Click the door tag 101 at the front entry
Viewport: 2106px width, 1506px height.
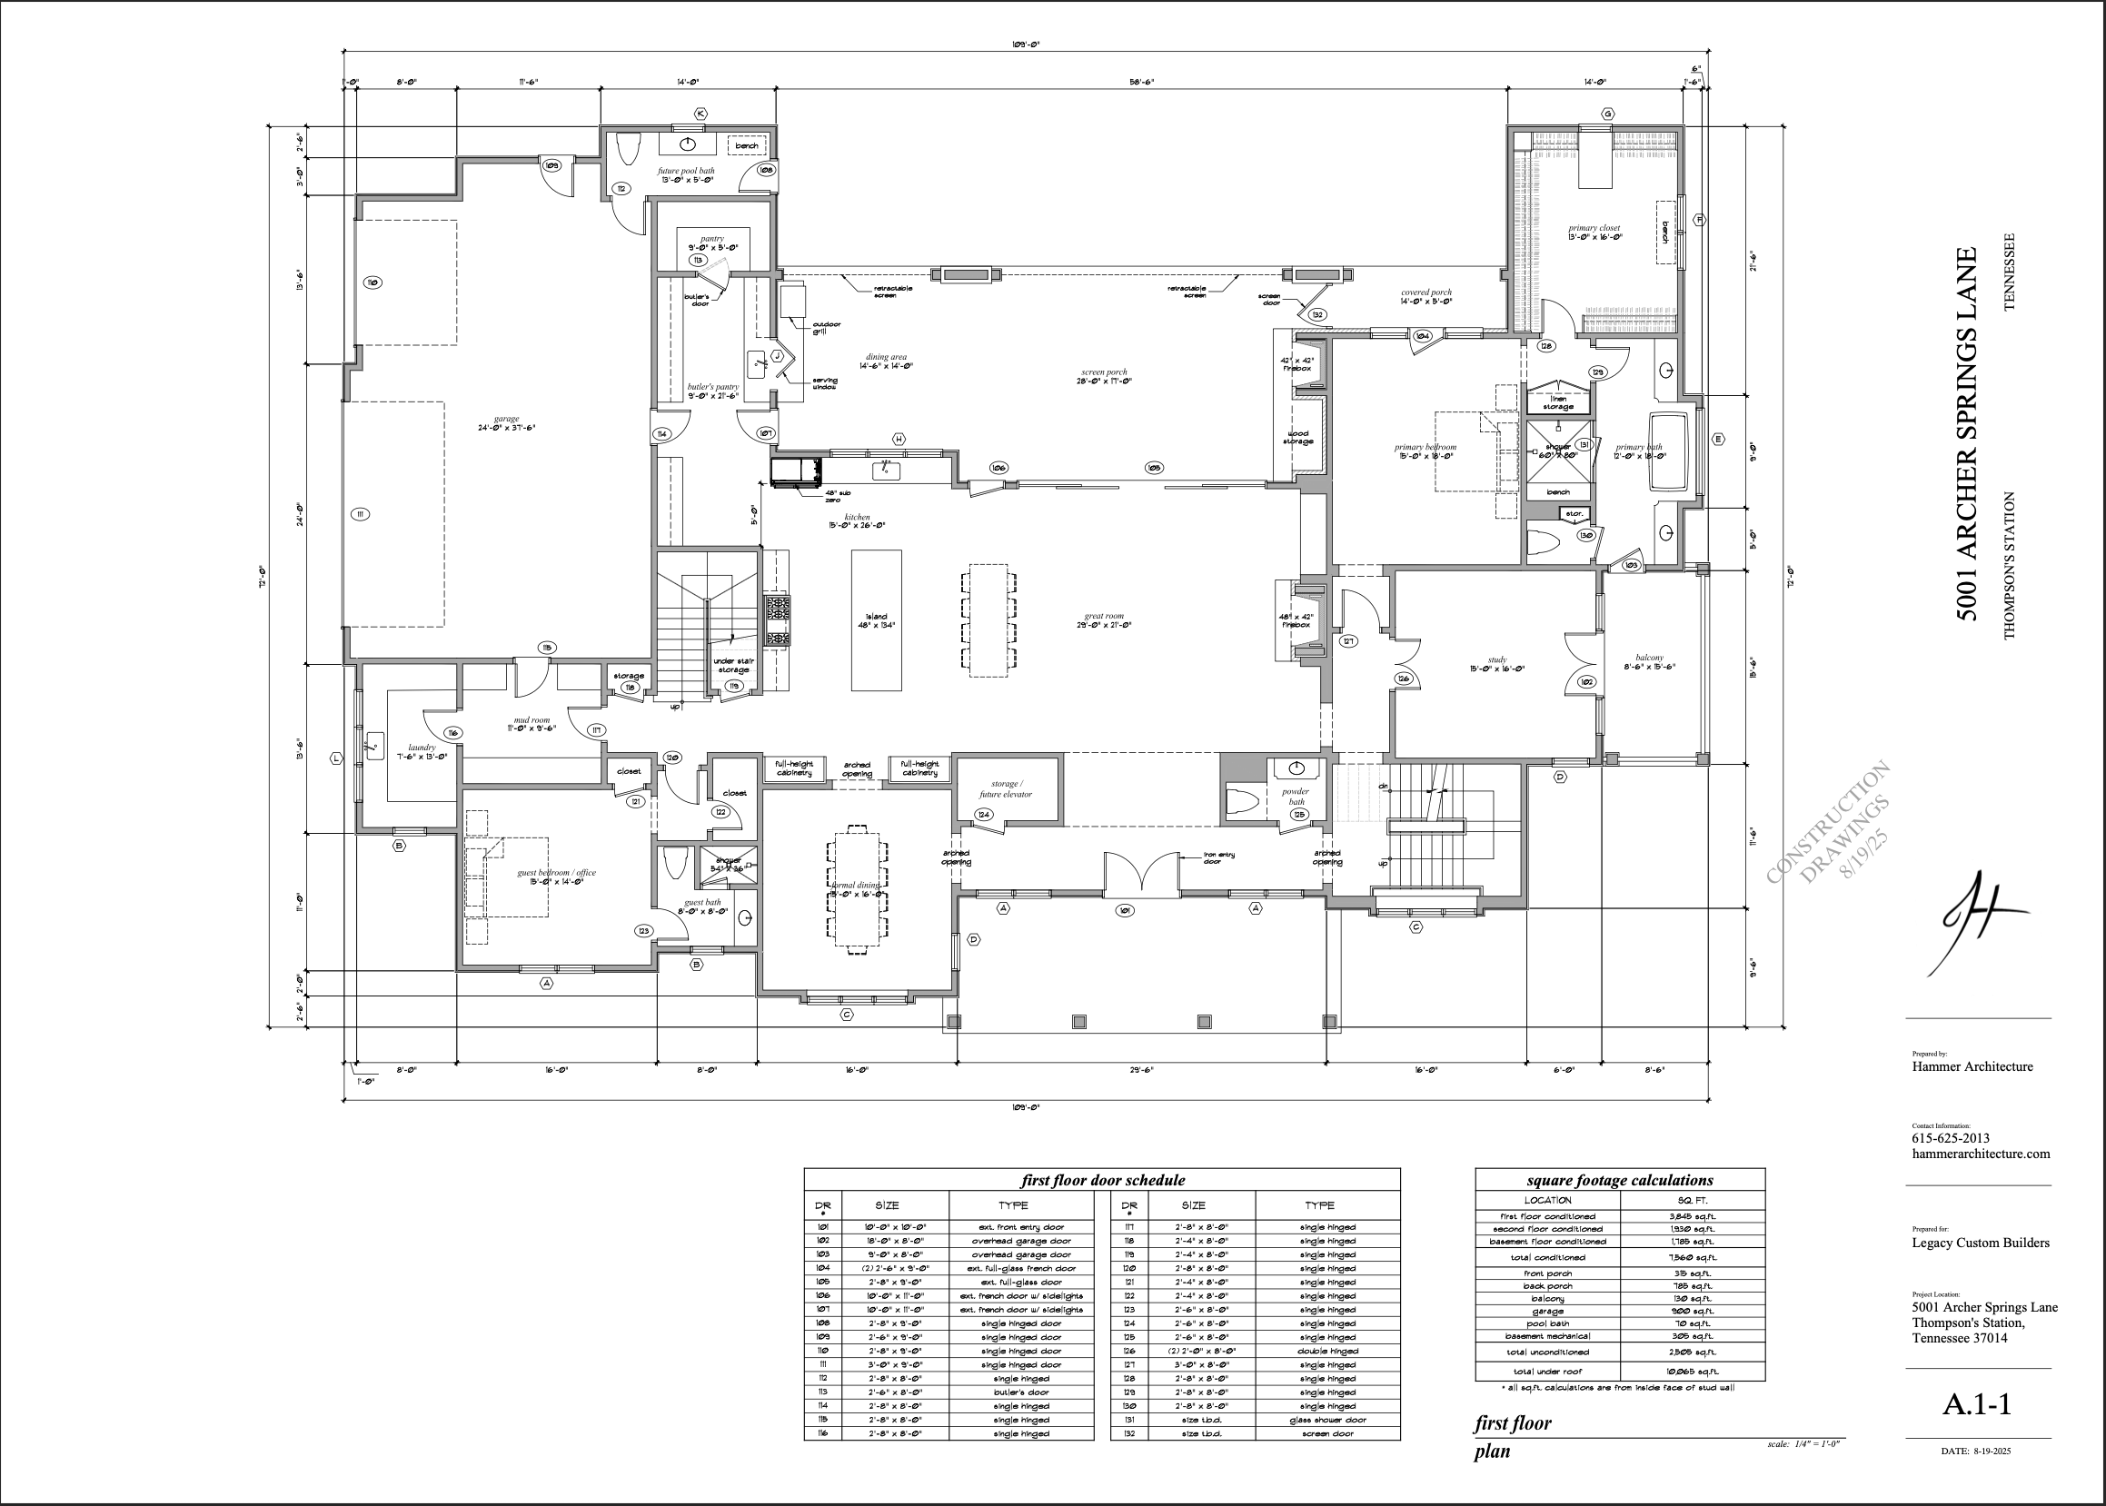(x=1124, y=911)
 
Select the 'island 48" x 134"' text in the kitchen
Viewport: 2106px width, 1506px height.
(x=876, y=620)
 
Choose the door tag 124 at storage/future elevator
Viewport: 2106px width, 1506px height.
(x=984, y=814)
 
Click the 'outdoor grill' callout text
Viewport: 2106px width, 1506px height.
(x=825, y=328)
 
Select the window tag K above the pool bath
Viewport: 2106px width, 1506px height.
(x=700, y=114)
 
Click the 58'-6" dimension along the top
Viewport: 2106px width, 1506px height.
(x=1140, y=83)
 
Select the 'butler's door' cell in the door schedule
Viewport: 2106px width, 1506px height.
(x=1021, y=1392)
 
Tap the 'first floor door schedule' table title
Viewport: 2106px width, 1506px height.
(x=1102, y=1180)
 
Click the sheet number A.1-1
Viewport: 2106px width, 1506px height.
(x=1976, y=1404)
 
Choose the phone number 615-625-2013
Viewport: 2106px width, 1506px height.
(x=1950, y=1138)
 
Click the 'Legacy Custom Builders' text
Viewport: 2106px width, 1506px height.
(x=1980, y=1243)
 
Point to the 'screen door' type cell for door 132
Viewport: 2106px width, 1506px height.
(x=1327, y=1433)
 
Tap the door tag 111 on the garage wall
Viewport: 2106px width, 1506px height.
(x=361, y=514)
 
